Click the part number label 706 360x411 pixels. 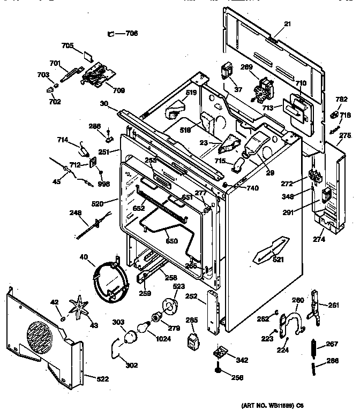(x=131, y=33)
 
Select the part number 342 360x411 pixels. (x=242, y=360)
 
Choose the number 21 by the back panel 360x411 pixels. (x=287, y=24)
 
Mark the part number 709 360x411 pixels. (x=118, y=90)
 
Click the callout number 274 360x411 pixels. (x=319, y=239)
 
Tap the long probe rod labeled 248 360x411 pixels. (x=88, y=228)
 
